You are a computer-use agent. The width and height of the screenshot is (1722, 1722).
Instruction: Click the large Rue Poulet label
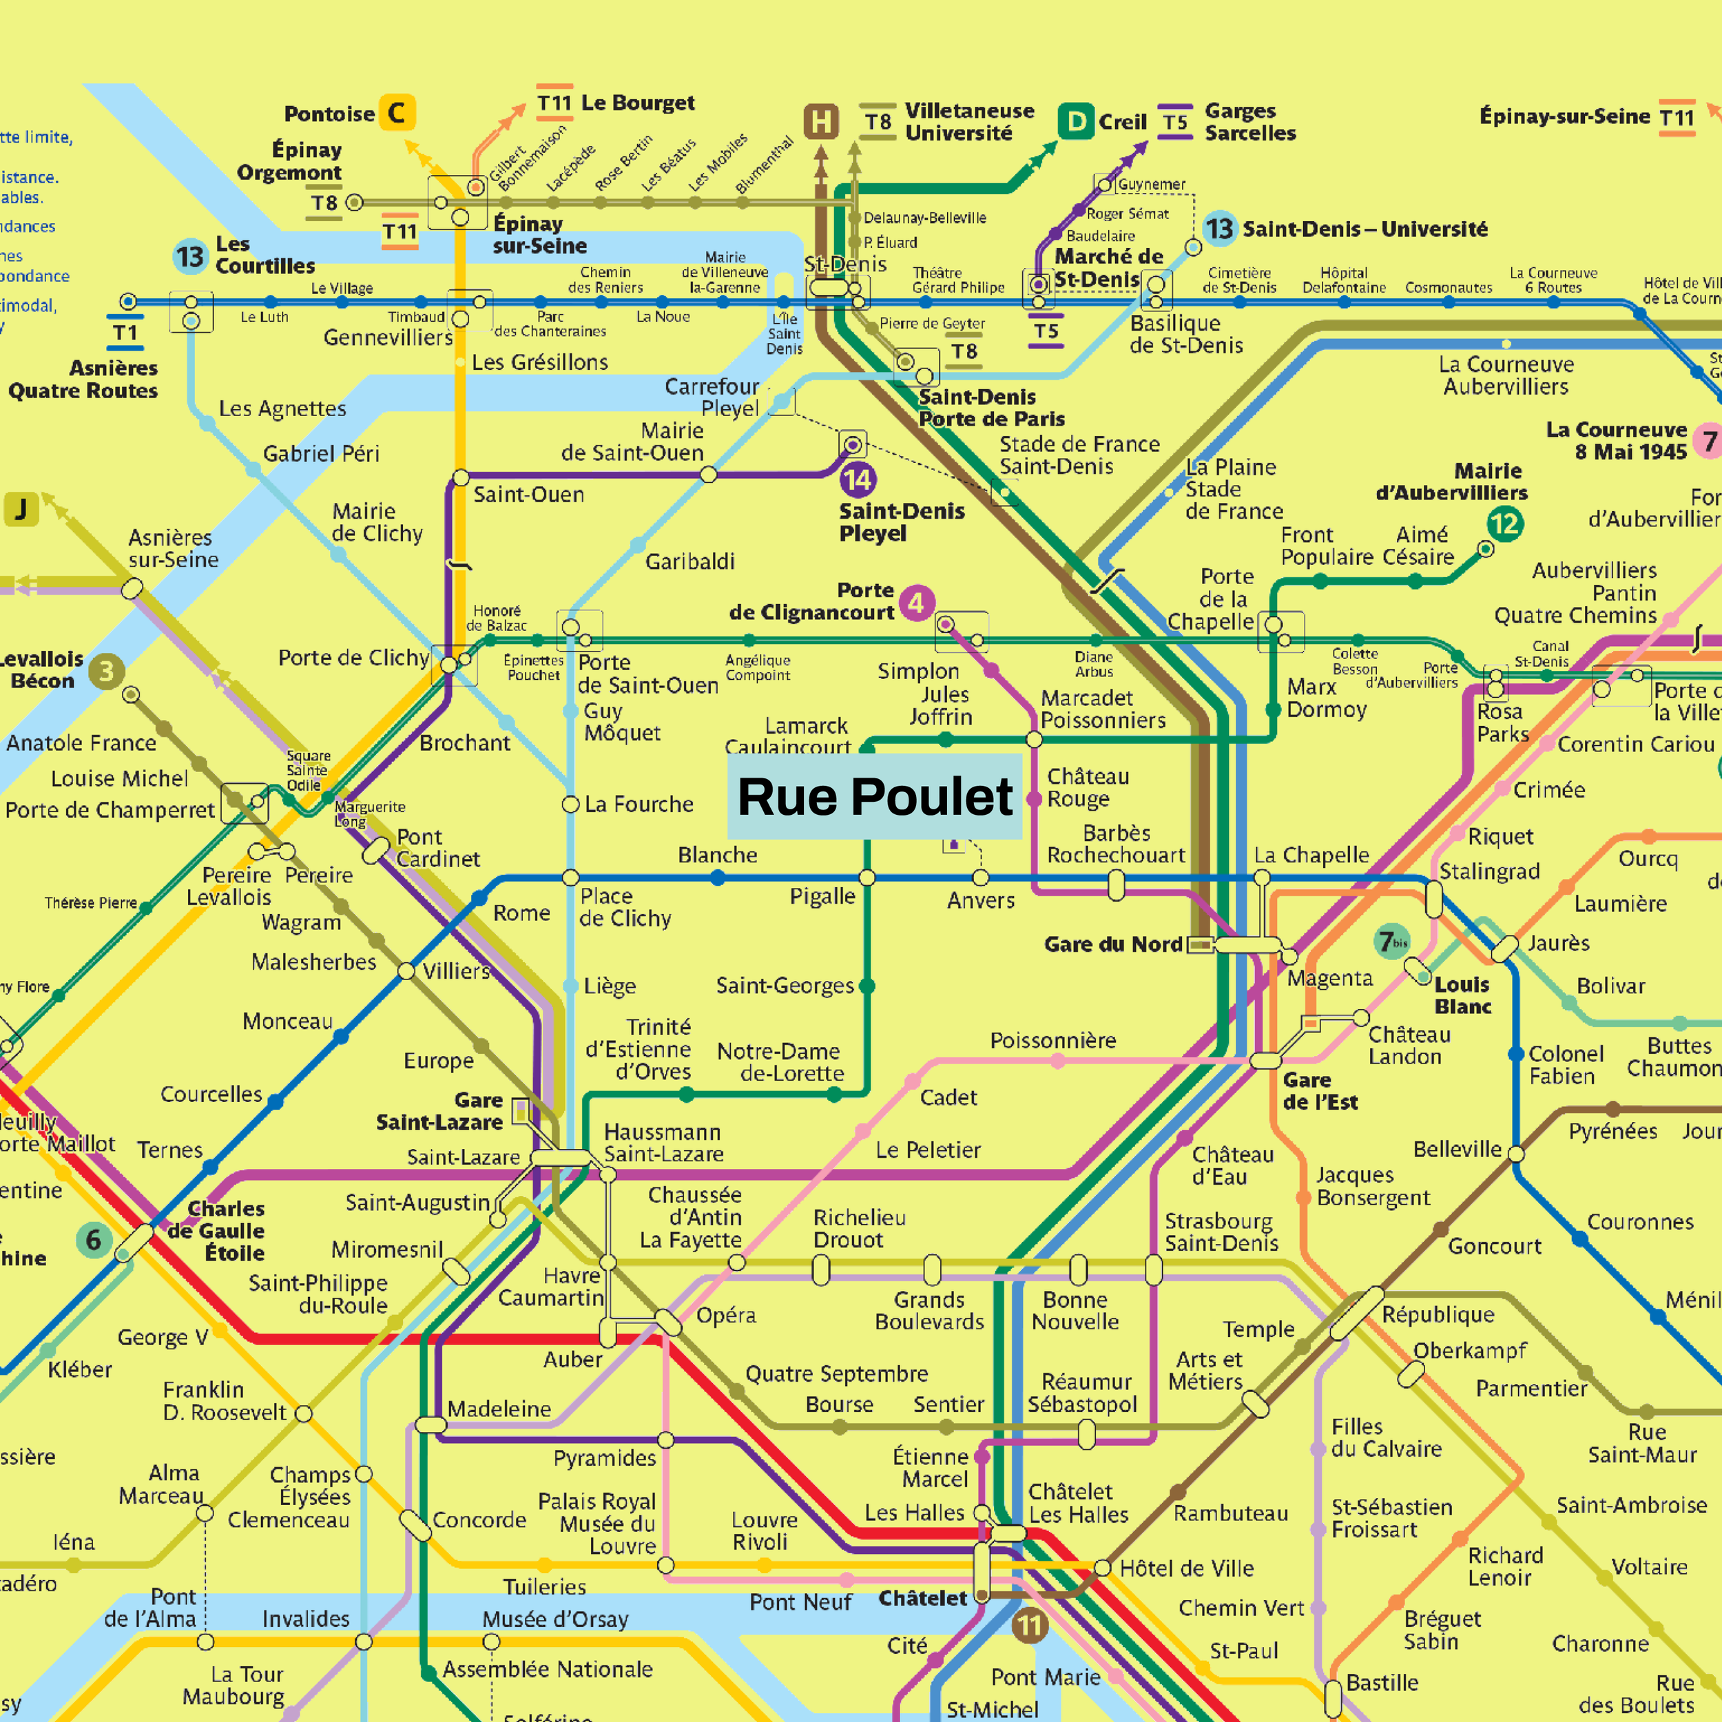[874, 796]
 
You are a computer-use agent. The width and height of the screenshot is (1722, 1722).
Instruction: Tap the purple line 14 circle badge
[858, 480]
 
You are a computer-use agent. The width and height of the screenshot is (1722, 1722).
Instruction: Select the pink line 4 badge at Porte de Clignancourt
[916, 603]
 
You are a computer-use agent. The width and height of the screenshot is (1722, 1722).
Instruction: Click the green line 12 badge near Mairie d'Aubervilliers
[1504, 523]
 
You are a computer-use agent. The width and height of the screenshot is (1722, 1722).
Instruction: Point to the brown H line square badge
[821, 122]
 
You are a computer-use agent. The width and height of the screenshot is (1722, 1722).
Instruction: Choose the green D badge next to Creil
[1076, 121]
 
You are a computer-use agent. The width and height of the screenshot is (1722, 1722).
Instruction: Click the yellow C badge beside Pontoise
[397, 113]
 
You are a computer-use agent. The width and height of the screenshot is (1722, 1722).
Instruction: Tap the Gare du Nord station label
[1112, 944]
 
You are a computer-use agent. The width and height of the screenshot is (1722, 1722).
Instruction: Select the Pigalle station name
[822, 895]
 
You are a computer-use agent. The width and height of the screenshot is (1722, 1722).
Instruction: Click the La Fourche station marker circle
[570, 804]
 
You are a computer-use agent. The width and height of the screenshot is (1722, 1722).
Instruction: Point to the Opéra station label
[725, 1315]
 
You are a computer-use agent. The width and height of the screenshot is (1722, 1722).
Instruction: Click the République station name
[1438, 1314]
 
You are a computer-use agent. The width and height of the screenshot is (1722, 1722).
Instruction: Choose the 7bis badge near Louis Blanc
[1391, 941]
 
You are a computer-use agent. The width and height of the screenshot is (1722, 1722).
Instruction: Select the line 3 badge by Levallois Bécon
[106, 671]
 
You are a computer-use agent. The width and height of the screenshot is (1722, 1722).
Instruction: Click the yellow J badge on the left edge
[21, 509]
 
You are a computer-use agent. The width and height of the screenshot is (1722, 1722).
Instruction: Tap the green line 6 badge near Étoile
[94, 1240]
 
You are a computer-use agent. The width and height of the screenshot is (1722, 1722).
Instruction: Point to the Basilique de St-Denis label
[1185, 334]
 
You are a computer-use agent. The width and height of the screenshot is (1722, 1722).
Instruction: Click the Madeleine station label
[499, 1409]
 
